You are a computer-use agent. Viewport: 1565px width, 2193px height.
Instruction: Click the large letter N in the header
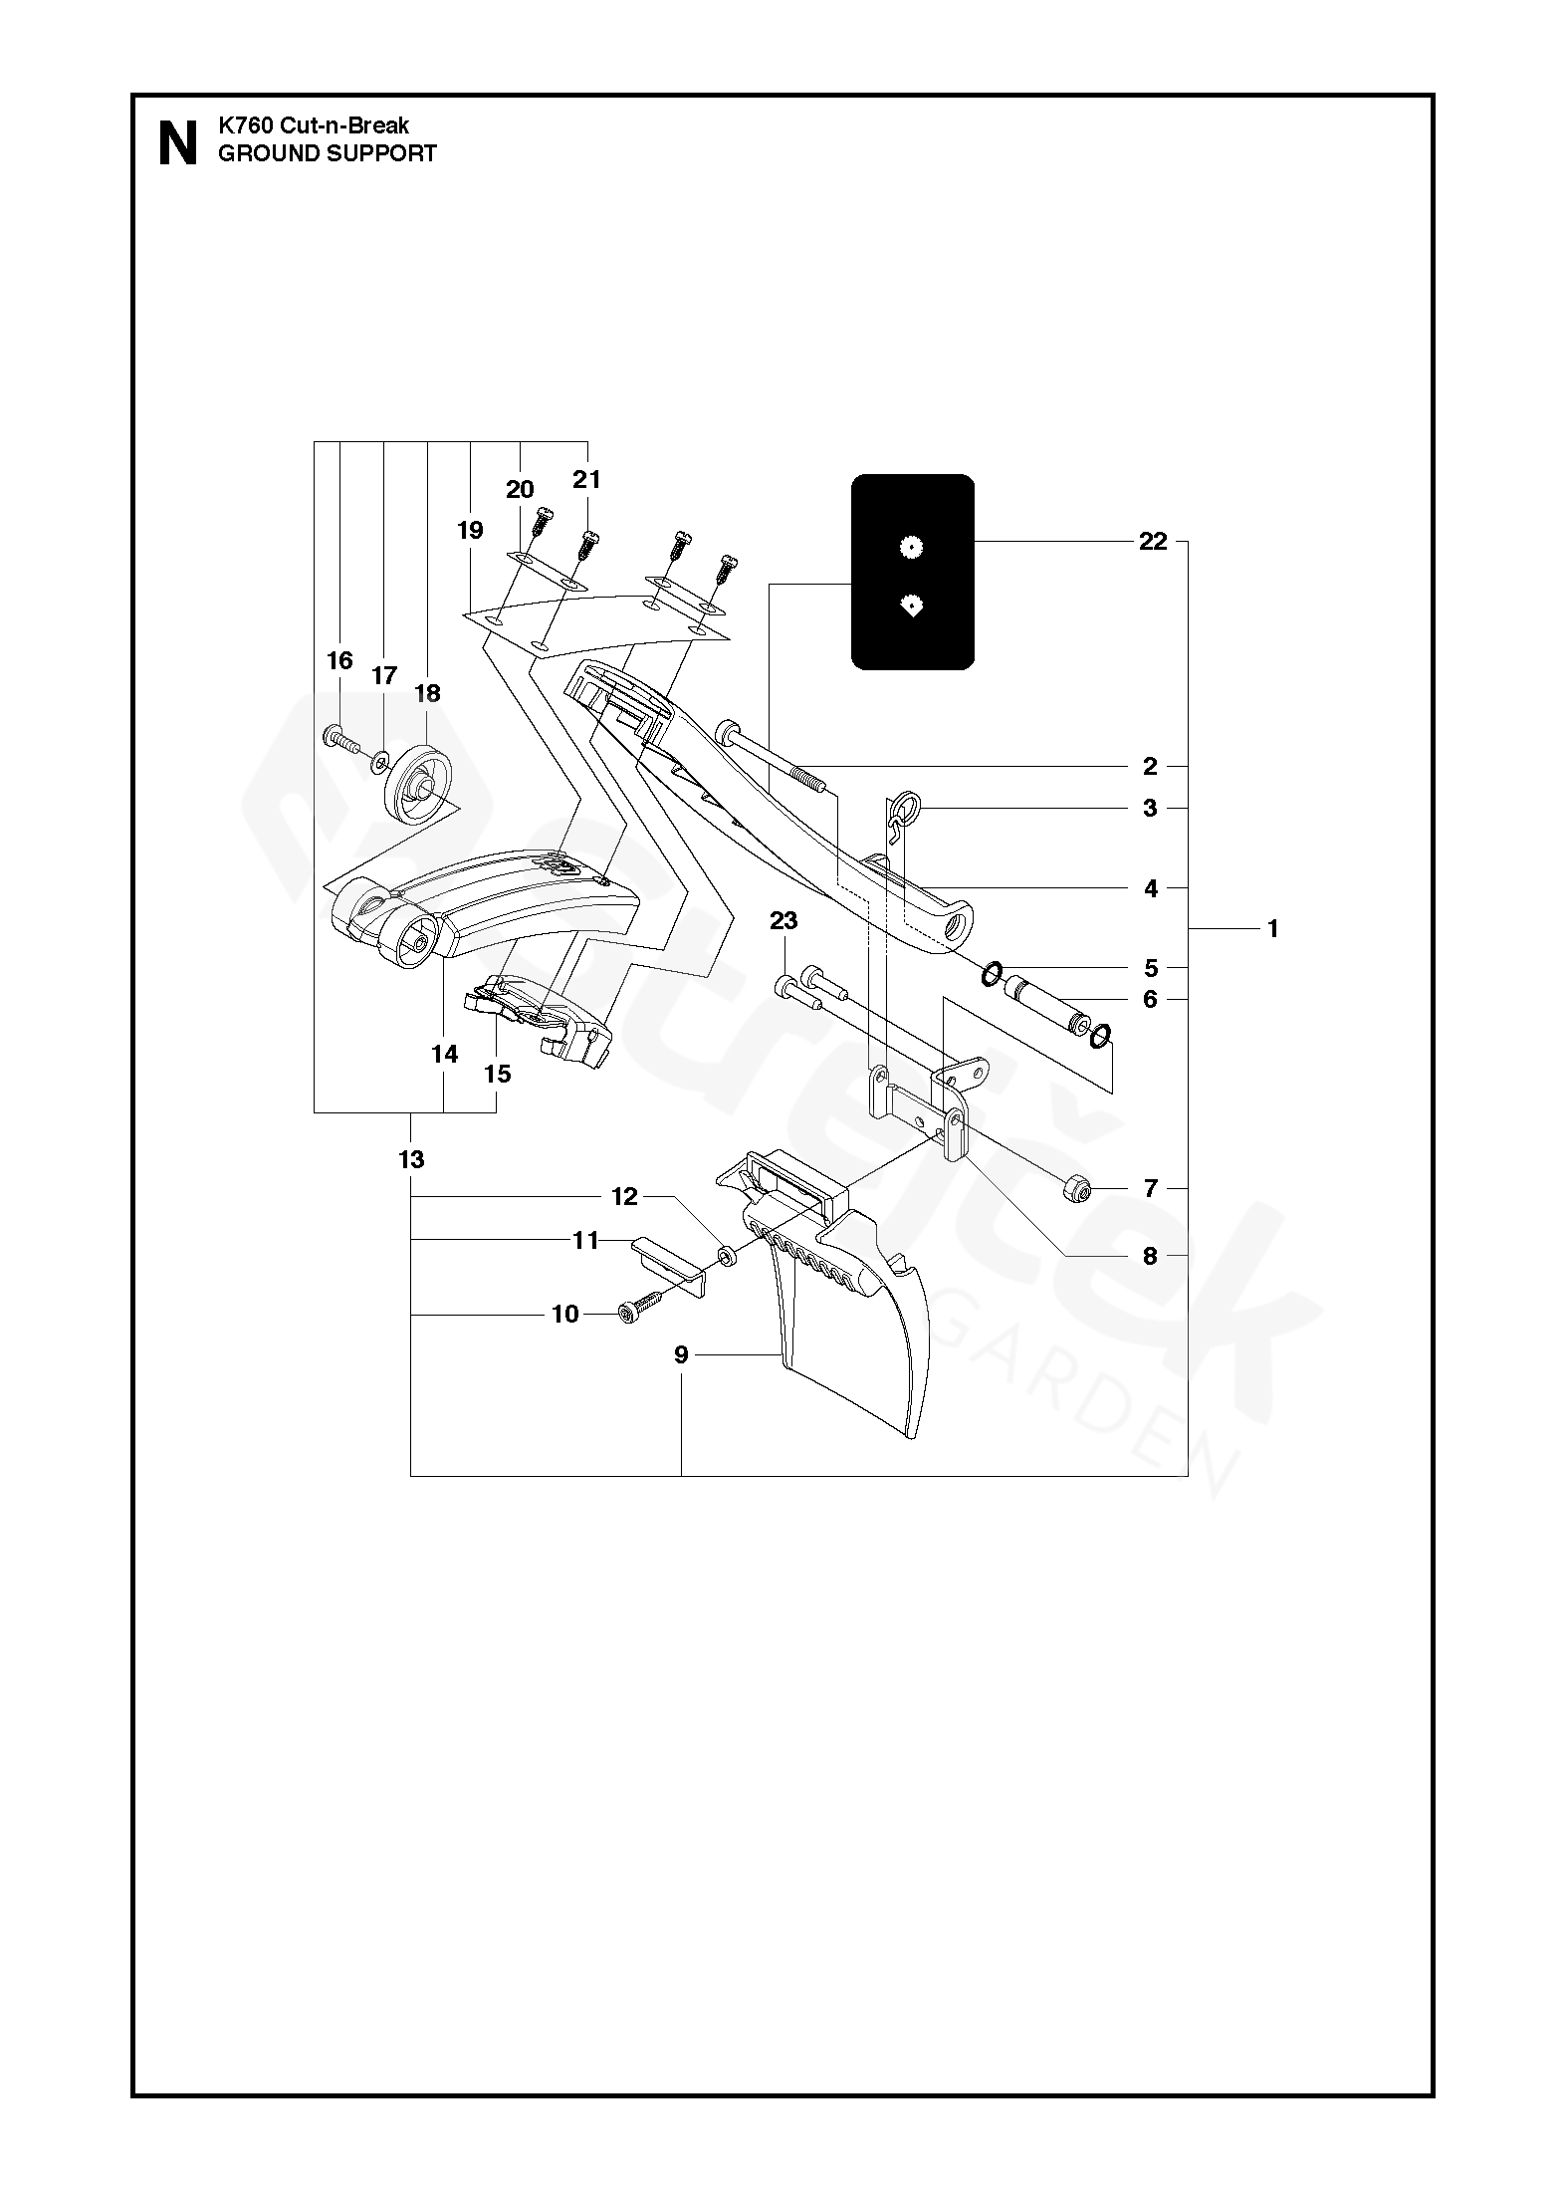(x=178, y=144)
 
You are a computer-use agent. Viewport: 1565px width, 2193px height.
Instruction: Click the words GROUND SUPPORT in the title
(x=328, y=153)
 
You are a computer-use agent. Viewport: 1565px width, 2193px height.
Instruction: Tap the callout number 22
(x=1152, y=542)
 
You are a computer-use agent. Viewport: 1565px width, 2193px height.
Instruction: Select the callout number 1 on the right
(x=1272, y=929)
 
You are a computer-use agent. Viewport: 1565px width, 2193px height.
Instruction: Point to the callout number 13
(x=411, y=1159)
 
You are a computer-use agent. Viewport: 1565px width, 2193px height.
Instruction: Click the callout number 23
(x=783, y=921)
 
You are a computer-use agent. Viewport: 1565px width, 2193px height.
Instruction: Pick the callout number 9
(x=681, y=1354)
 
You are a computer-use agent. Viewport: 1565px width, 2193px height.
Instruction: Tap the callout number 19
(x=470, y=530)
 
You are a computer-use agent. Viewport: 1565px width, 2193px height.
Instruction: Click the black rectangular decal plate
(x=912, y=572)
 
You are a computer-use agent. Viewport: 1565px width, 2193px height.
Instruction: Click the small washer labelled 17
(x=380, y=764)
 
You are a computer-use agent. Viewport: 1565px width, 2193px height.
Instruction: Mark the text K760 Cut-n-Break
(x=314, y=126)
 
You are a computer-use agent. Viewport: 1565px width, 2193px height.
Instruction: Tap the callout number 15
(x=497, y=1074)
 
